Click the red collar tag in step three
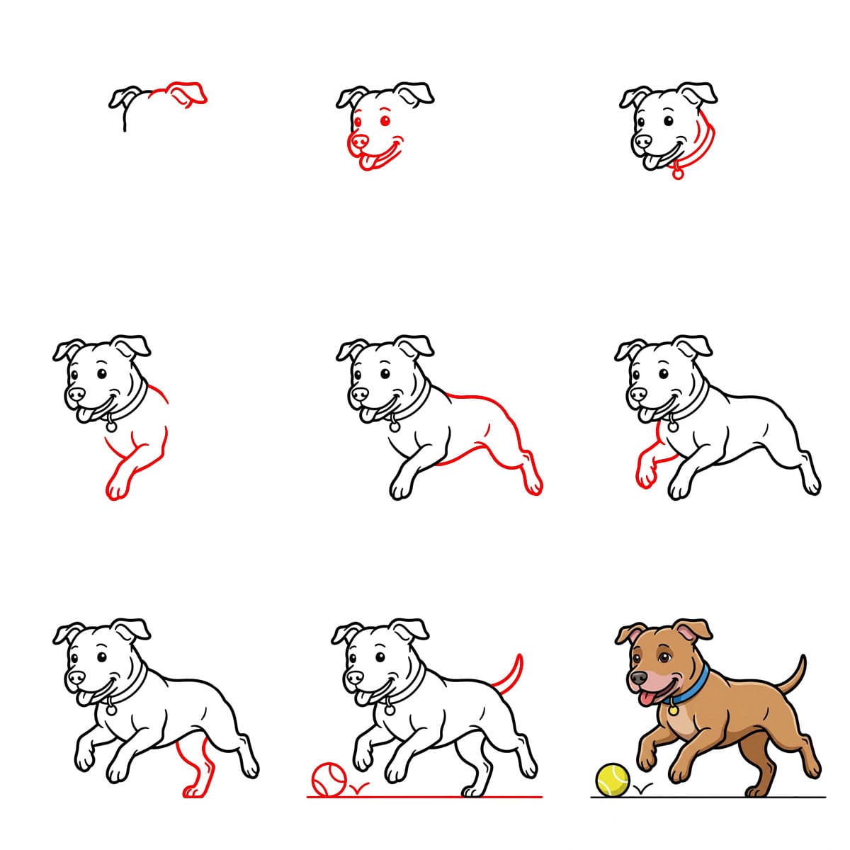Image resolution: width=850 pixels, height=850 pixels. pyautogui.click(x=678, y=172)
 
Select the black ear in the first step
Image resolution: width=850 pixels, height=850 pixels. pyautogui.click(x=125, y=97)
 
